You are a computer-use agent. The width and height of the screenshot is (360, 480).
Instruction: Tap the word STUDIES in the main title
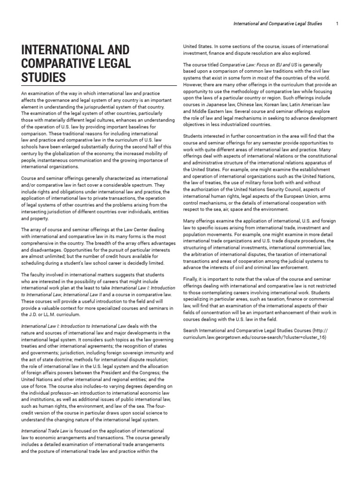43,76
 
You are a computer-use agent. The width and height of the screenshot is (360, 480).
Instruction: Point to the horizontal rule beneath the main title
98,86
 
